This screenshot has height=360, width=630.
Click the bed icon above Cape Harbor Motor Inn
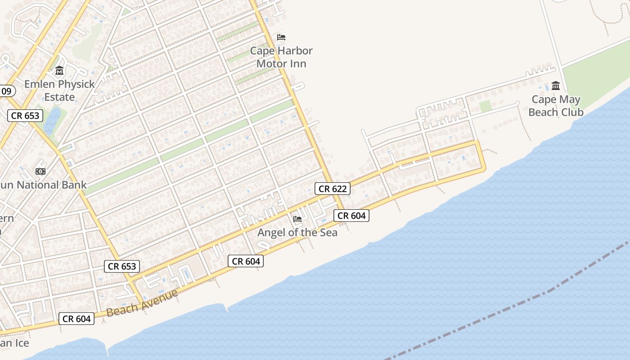pyautogui.click(x=281, y=37)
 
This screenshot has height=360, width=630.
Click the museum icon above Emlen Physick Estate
pyautogui.click(x=59, y=71)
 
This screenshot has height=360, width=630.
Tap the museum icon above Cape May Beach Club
pyautogui.click(x=556, y=85)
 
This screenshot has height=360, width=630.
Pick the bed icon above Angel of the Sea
pyautogui.click(x=297, y=219)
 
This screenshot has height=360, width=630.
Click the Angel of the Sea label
pyautogui.click(x=297, y=233)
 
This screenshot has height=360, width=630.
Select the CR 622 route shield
pyautogui.click(x=333, y=189)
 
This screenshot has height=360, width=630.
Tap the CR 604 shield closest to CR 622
pyautogui.click(x=351, y=216)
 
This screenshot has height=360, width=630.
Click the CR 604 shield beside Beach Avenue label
pyautogui.click(x=76, y=319)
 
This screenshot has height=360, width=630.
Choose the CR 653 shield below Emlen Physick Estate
pyautogui.click(x=25, y=116)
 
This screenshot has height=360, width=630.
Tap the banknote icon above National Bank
pyautogui.click(x=40, y=171)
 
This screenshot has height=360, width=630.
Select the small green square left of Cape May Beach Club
pyautogui.click(x=485, y=107)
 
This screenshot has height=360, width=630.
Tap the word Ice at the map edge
pyautogui.click(x=21, y=343)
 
